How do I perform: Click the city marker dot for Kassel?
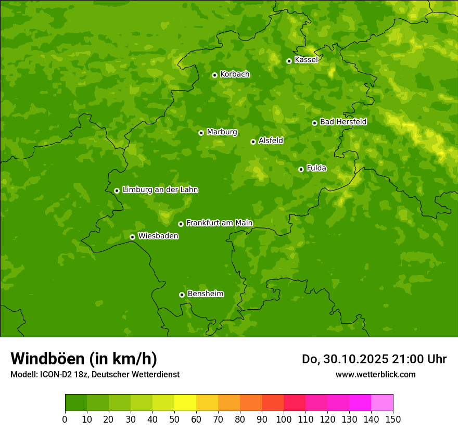289,61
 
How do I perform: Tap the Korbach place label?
235,74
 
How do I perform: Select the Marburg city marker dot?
201,133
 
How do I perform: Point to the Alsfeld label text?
271,141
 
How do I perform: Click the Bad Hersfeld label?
343,122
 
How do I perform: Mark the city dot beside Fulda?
301,169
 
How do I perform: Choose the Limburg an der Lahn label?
160,190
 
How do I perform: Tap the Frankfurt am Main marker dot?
181,224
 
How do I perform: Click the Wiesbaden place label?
158,236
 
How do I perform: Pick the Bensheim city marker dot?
182,295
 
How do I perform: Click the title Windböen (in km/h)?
84,359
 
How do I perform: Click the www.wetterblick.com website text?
375,374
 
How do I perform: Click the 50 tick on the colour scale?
174,419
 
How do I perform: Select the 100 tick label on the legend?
284,419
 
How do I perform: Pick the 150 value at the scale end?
393,419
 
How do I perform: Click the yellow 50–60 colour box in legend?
185,403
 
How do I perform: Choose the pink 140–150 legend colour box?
382,403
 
